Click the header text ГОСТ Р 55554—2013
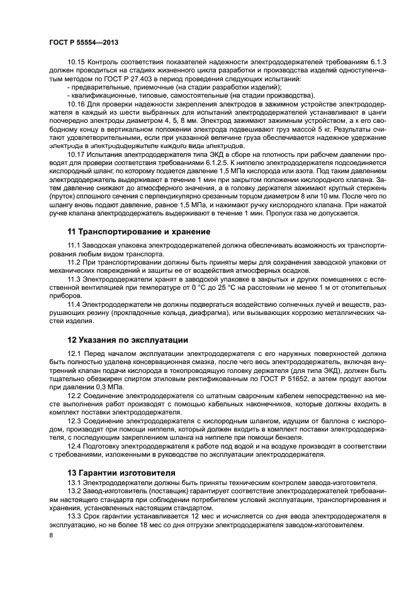tap(84, 42)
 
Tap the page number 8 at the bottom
tap(51, 535)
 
